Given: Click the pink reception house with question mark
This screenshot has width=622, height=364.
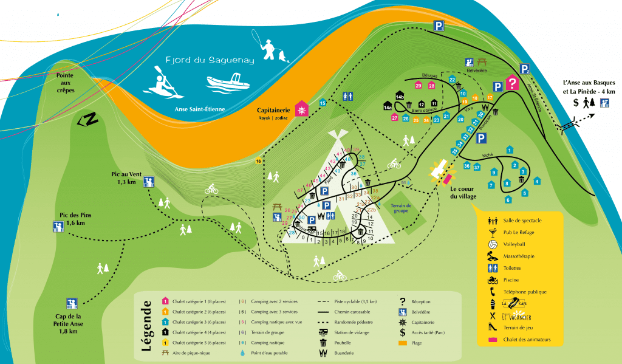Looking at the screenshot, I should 512,83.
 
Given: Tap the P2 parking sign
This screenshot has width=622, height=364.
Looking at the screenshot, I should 525,70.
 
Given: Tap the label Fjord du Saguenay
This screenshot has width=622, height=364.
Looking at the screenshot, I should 211,61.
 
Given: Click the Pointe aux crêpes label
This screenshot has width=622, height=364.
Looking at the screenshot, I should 65,82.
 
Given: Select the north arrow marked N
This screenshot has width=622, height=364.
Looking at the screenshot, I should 89,120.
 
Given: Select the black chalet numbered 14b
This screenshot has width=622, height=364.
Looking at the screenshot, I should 400,95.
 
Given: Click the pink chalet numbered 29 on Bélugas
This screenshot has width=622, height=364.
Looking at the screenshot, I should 419,86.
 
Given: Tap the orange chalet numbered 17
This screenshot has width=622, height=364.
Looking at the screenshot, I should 489,97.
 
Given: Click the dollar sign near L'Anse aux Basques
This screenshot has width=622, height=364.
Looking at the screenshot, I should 576,103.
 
